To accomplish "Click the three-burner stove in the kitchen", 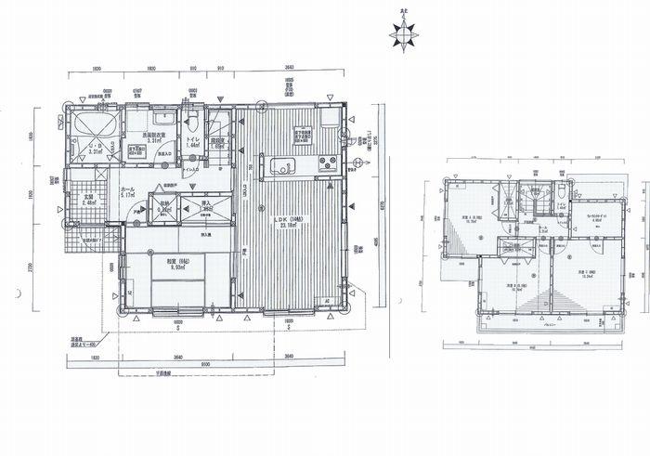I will click(x=328, y=164).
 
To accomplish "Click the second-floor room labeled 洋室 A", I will click(x=470, y=220).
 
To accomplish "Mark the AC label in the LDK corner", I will click(x=327, y=300).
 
